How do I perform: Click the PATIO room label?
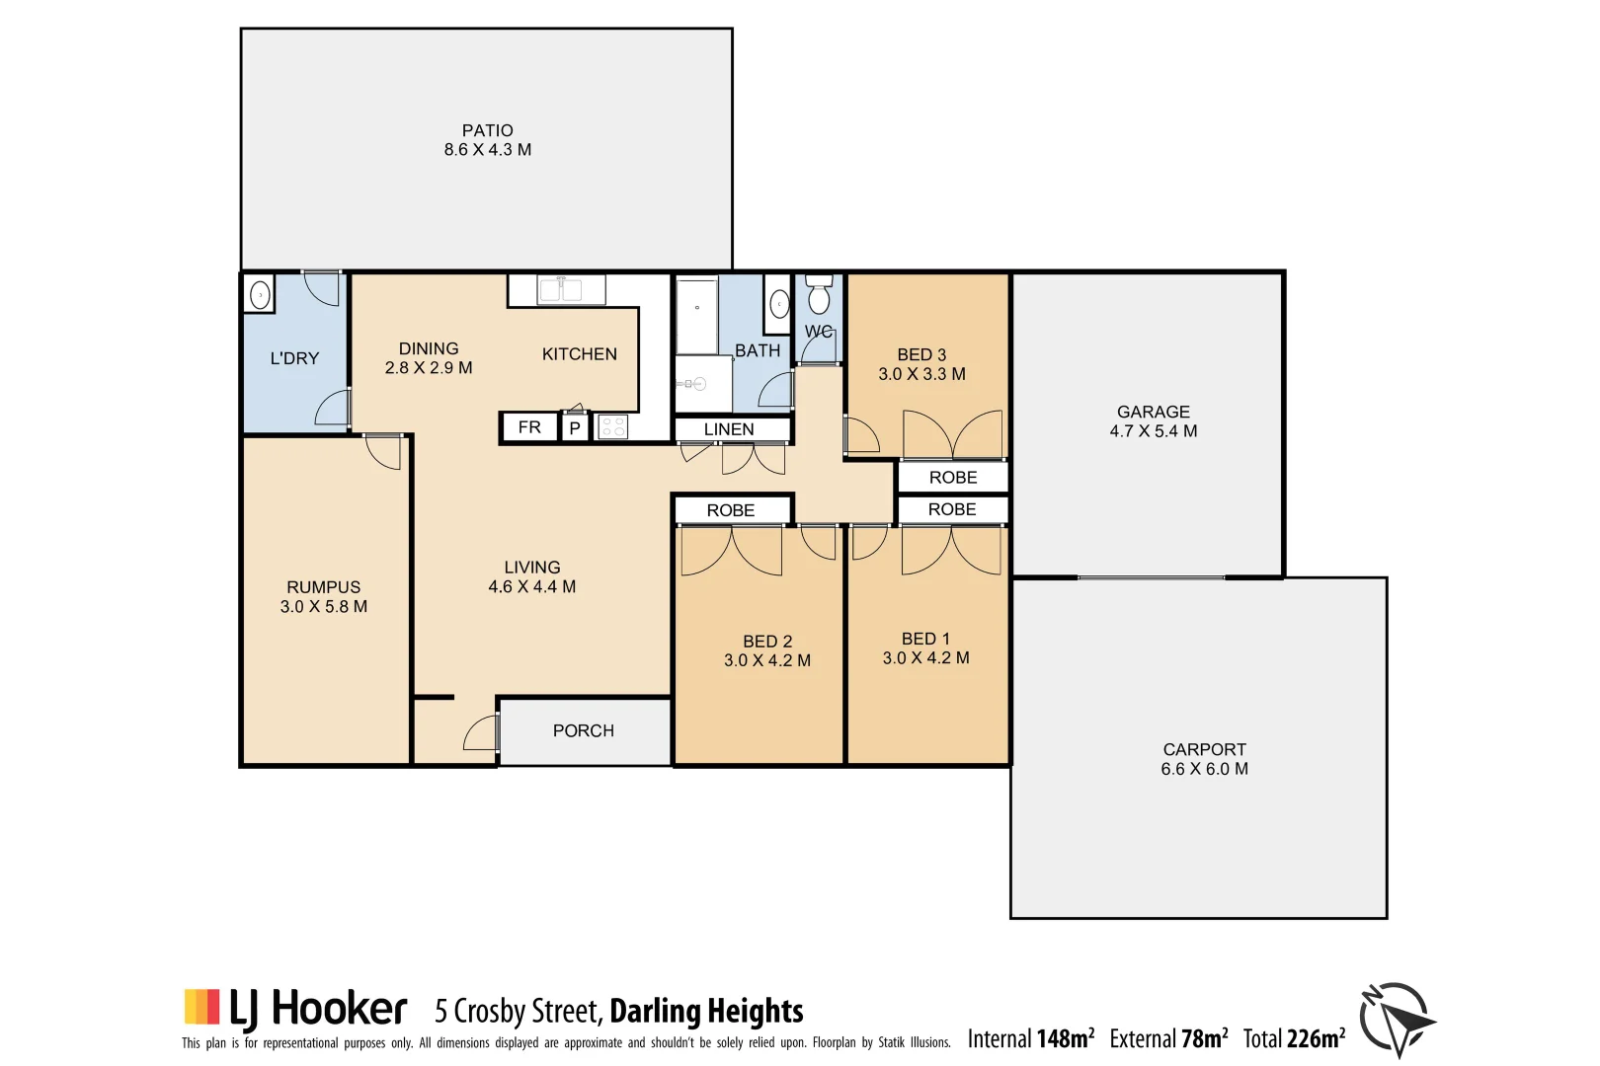487,130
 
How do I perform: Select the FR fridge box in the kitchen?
529,427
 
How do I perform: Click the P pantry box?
575,428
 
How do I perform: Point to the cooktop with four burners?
613,427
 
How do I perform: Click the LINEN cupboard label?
729,429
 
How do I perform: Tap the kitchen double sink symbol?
571,290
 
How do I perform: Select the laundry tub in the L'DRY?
260,294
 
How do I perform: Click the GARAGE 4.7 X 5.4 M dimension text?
1153,431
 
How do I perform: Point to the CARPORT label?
1204,749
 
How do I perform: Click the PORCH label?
583,730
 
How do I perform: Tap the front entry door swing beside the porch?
481,732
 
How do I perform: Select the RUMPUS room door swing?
384,451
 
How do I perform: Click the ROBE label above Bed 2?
730,510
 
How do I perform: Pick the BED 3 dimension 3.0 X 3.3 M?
921,374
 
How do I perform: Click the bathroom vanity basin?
779,305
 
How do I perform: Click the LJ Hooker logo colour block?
201,1007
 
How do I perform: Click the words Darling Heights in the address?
706,1012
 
